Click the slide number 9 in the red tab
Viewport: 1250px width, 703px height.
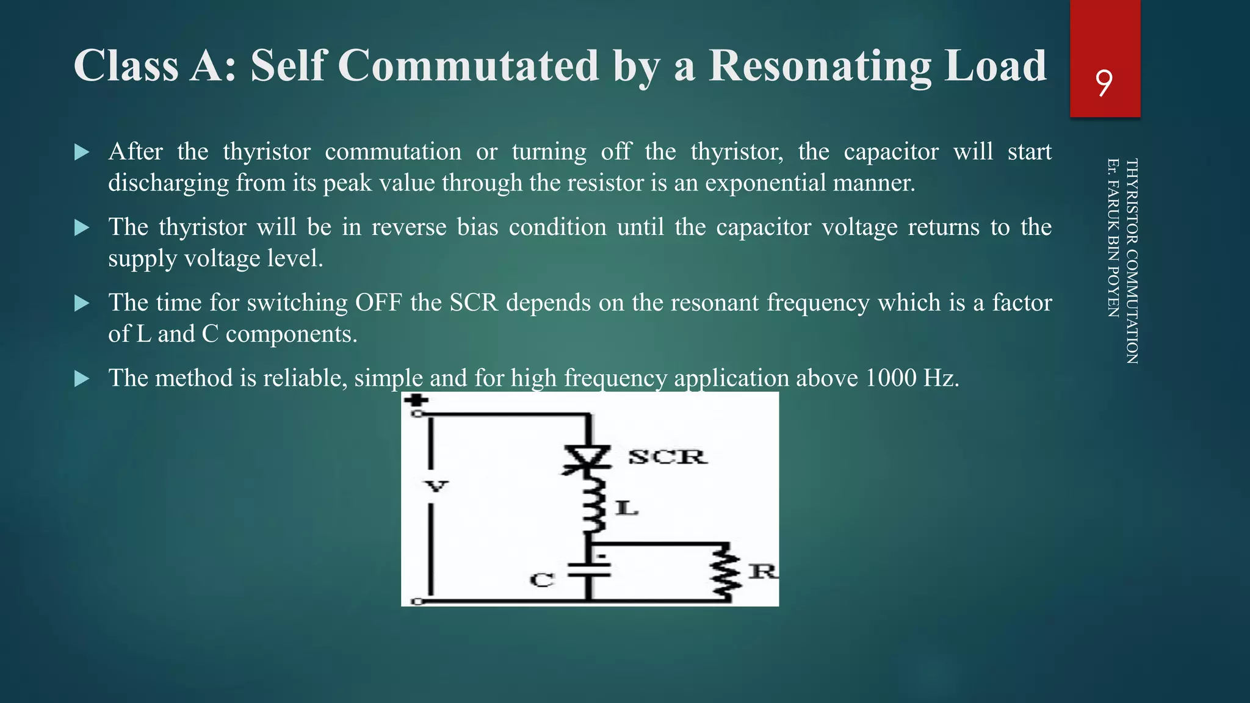coord(1104,84)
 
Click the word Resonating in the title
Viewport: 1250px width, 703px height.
coord(820,65)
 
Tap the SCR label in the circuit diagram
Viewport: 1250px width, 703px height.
coord(667,456)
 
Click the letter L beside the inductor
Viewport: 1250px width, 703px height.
coord(626,508)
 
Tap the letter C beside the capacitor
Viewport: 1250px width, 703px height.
coord(541,580)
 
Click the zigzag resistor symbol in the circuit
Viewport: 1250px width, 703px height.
coord(727,572)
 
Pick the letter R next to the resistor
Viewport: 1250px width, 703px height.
coord(762,571)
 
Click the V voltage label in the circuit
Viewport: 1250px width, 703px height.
coord(436,486)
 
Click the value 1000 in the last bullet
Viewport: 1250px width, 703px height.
coord(891,378)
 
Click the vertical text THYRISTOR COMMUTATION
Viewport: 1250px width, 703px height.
coord(1132,261)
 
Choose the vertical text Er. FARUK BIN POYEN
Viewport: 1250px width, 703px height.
coord(1113,237)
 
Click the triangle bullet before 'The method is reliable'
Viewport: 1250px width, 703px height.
coord(82,379)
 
